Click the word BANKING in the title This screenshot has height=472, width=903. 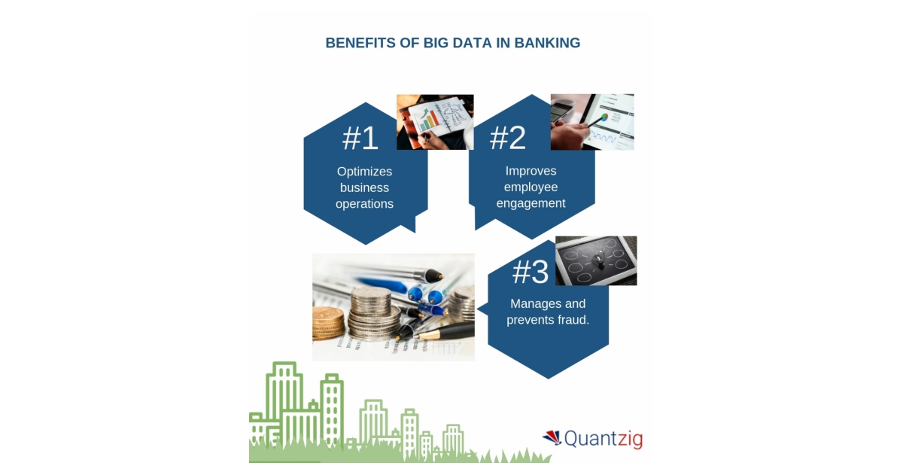click(547, 43)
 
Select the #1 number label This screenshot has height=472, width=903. click(360, 138)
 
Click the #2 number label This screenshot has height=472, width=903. click(508, 137)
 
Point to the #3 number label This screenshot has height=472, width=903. click(531, 273)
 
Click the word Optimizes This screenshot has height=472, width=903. click(364, 172)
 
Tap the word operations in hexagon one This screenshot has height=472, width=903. click(364, 204)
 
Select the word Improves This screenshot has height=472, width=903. click(531, 171)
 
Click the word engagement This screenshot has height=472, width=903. click(531, 203)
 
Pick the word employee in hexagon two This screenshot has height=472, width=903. click(531, 187)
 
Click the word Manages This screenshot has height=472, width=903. click(529, 304)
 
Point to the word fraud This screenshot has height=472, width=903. click(569, 320)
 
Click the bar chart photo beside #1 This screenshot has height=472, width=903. click(435, 122)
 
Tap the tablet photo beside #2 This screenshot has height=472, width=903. click(592, 122)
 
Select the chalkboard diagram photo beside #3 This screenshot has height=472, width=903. click(596, 260)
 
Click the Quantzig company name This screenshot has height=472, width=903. click(604, 438)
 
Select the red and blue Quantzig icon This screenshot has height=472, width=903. click(552, 437)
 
